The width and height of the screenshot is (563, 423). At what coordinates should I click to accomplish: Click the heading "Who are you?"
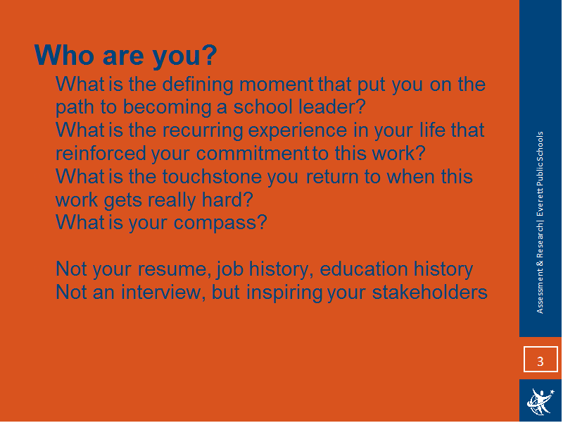point(126,56)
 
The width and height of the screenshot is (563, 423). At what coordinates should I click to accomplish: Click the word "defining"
point(198,85)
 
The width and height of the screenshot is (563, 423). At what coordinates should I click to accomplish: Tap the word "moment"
point(276,85)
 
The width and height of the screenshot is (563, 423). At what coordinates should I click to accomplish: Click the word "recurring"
point(203,131)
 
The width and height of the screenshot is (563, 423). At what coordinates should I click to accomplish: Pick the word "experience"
point(298,131)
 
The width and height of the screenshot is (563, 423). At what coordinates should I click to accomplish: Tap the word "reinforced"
point(101,153)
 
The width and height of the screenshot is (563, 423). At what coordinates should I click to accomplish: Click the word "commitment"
point(253,154)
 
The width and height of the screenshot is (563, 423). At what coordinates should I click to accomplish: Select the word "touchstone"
point(212,176)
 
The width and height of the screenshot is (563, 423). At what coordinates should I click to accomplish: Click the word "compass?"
point(220,223)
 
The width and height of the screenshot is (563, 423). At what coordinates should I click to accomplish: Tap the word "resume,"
point(175,270)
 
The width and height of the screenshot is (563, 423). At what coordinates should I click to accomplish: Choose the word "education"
point(363,269)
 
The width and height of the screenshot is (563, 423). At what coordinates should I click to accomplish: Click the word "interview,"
point(163,292)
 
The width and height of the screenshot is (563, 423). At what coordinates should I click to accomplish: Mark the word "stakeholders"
point(430,292)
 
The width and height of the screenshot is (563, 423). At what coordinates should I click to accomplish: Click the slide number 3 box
point(540,359)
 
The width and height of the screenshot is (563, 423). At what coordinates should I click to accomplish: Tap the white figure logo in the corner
point(540,401)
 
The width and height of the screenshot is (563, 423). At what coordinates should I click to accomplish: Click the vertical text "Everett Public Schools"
point(540,174)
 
